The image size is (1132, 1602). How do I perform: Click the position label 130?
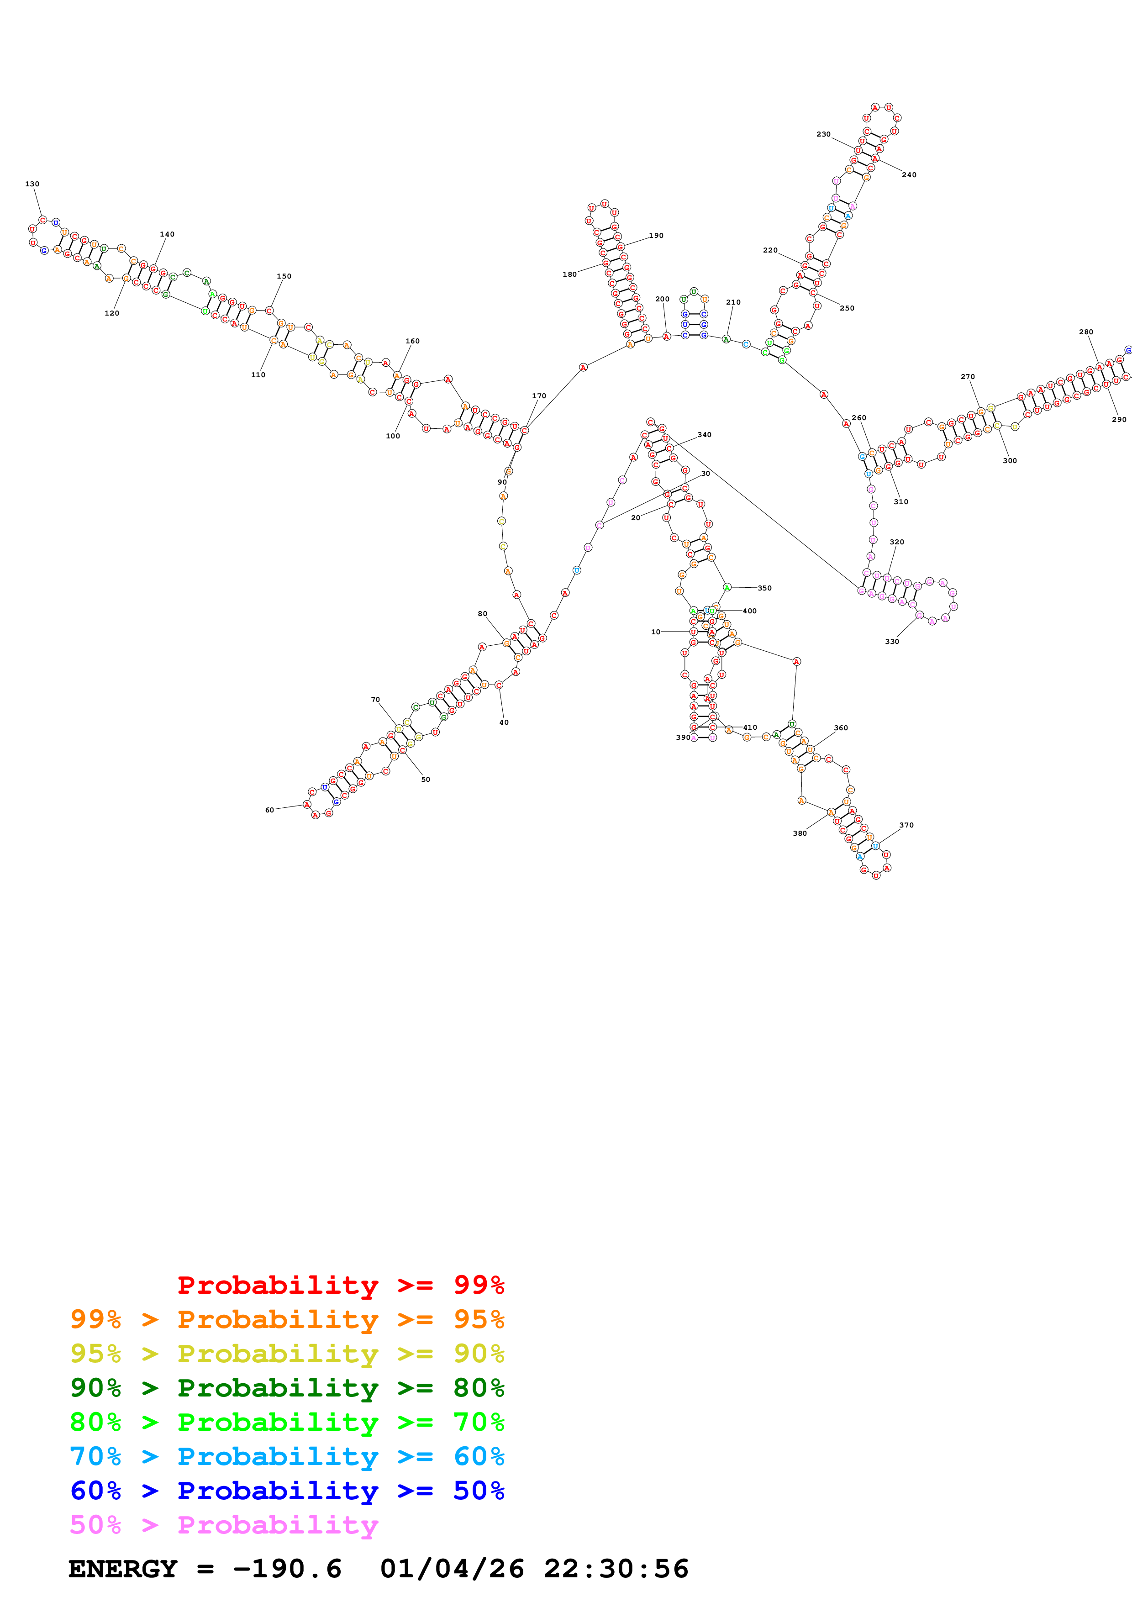[32, 184]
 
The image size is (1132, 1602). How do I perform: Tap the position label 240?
[909, 175]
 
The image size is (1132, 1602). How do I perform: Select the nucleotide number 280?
[1086, 332]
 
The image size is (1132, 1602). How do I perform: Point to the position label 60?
[269, 810]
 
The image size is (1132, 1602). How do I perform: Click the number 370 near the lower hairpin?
[906, 825]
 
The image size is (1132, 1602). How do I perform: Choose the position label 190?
[656, 236]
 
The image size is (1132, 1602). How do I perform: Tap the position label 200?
[662, 299]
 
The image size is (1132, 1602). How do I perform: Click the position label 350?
[764, 588]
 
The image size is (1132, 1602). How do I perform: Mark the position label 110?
[258, 374]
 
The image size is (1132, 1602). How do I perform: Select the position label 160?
[412, 341]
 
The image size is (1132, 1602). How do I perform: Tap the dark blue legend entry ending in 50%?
[287, 1491]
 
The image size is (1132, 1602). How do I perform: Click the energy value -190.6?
[287, 1569]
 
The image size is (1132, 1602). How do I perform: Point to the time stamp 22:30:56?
[616, 1569]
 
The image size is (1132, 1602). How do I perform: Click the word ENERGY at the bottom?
[123, 1569]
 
